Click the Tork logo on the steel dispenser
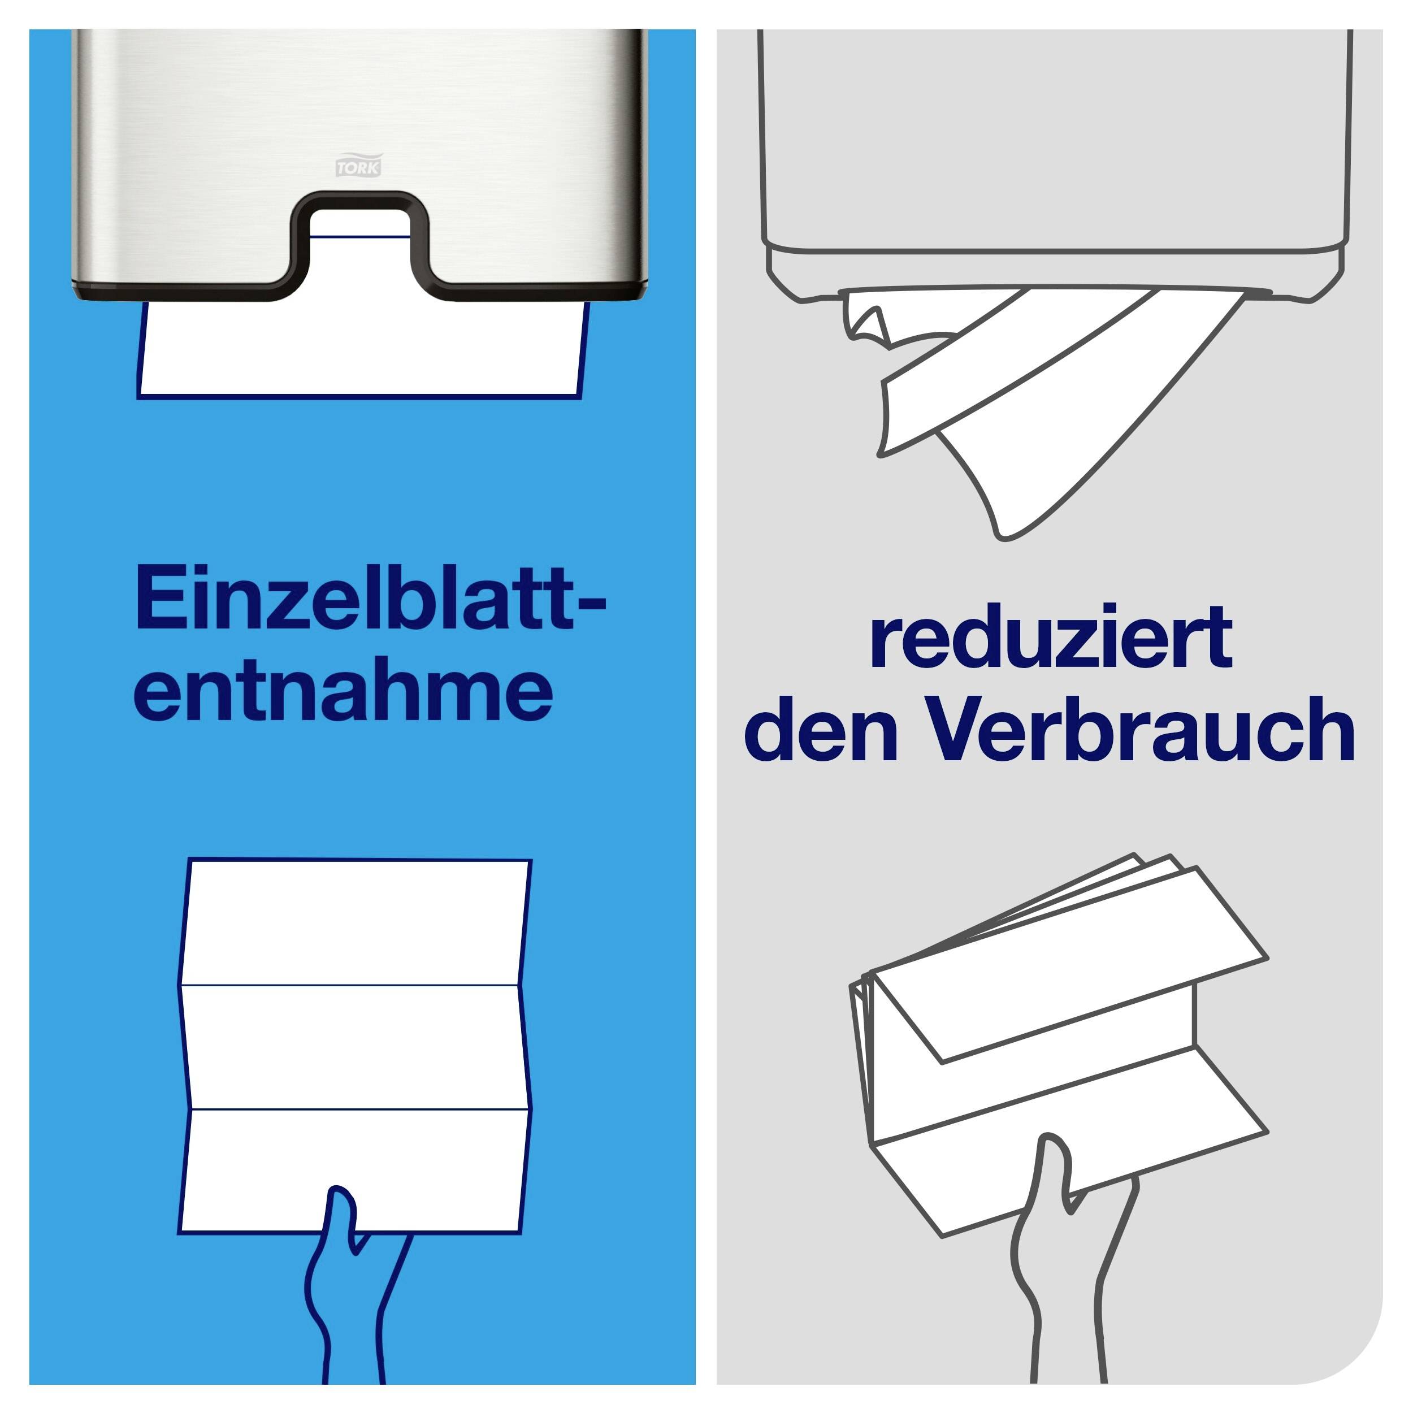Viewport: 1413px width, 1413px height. (x=358, y=165)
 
